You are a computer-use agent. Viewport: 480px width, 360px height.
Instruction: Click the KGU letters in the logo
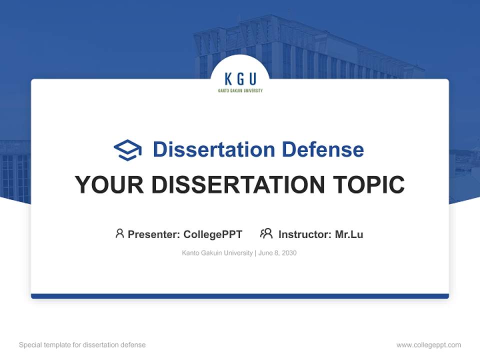tap(240, 79)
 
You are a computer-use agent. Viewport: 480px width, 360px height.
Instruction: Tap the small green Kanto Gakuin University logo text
tap(240, 91)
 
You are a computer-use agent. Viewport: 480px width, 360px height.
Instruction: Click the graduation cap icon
tap(127, 150)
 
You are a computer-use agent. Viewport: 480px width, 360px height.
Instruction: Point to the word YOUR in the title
tap(109, 184)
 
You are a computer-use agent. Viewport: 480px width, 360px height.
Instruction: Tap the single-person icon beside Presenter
tap(119, 233)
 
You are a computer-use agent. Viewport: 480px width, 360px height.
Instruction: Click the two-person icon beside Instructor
tap(266, 233)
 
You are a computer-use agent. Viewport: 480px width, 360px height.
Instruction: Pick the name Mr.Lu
tap(349, 234)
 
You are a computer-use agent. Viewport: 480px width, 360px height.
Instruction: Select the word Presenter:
tap(154, 234)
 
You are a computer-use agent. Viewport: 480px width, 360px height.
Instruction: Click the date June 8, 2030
tap(277, 253)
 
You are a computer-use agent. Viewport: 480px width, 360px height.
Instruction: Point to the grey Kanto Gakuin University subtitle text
tap(217, 253)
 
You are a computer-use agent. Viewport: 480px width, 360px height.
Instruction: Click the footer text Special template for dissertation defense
tap(82, 345)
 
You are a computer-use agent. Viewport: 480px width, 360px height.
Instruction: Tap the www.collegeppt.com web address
tap(428, 345)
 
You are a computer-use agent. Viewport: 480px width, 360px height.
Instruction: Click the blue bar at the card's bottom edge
tap(240, 296)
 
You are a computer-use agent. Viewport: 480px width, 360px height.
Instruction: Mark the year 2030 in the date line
tap(289, 253)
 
